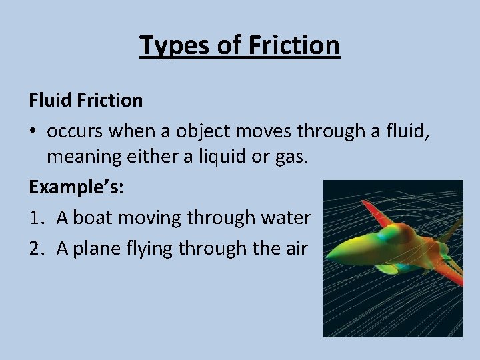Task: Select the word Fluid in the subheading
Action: (x=51, y=100)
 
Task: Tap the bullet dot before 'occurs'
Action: (x=33, y=131)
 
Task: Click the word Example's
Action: (x=76, y=188)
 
